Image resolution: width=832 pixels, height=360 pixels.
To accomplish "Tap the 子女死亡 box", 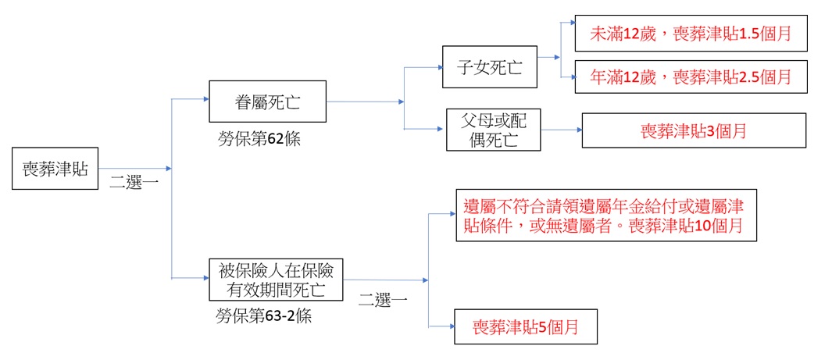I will click(x=490, y=67).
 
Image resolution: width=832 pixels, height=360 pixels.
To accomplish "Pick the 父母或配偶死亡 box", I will click(x=493, y=130).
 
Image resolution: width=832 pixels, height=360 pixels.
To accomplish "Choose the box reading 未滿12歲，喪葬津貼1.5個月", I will click(x=690, y=34).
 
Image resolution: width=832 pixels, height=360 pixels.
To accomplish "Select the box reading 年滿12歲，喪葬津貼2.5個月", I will click(x=690, y=76).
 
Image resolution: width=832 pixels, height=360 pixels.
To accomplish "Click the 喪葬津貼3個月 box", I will click(x=694, y=130).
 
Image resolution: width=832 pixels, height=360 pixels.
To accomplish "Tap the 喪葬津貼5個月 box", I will click(x=525, y=326).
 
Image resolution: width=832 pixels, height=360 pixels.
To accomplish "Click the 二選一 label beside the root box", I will click(x=134, y=184).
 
